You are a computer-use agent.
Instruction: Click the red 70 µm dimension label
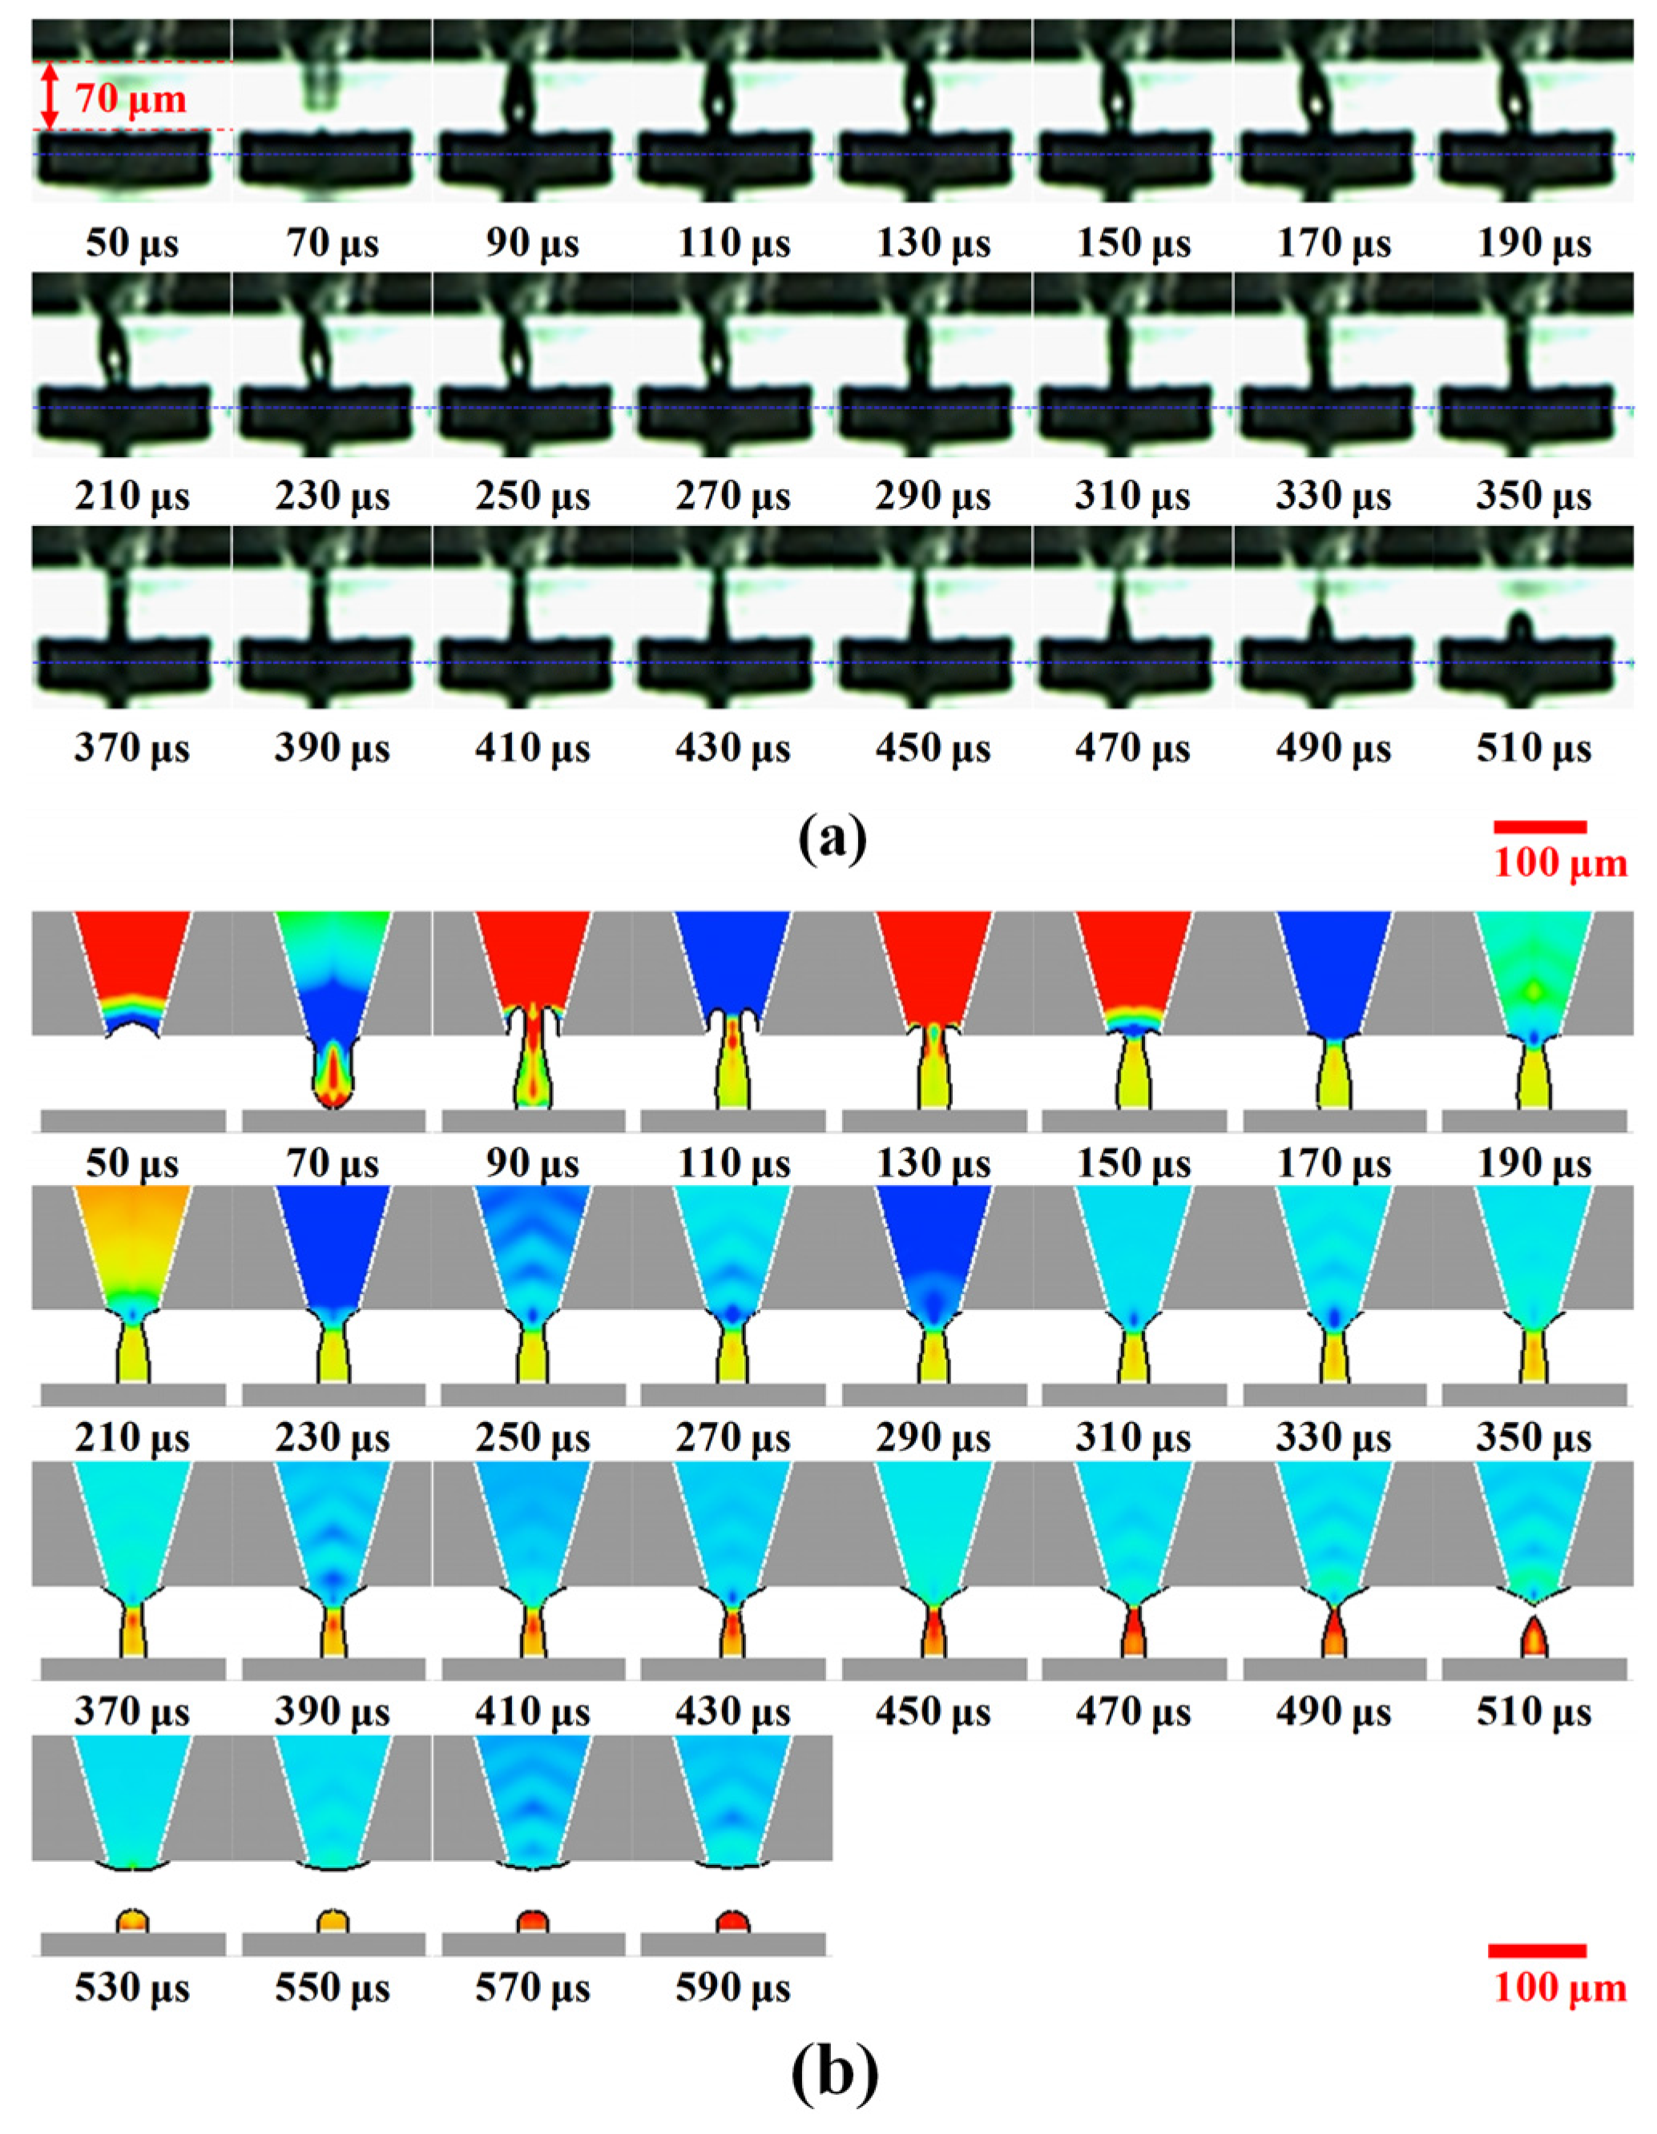pos(131,98)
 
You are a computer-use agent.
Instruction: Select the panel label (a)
pos(831,838)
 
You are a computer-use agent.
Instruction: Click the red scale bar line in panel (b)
pos(1537,1951)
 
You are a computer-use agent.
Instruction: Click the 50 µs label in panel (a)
pos(132,243)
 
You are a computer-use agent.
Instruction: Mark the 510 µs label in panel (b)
pos(1533,1712)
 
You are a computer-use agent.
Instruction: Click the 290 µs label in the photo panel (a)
pos(933,496)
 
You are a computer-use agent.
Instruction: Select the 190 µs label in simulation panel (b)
pos(1533,1163)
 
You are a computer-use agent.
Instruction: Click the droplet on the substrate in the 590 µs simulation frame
pos(732,1921)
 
